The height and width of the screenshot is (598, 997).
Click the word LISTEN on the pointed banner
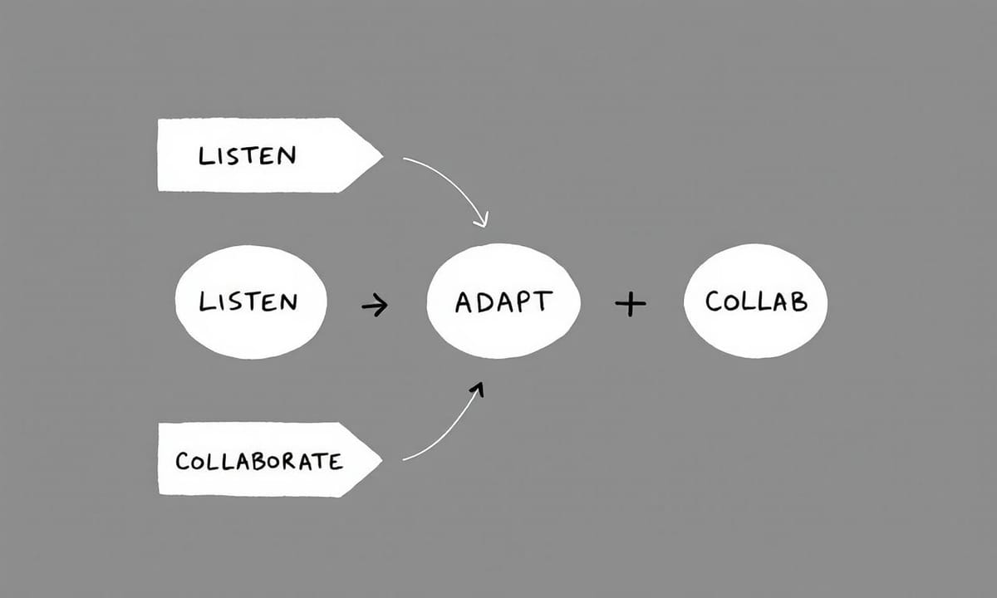(x=247, y=155)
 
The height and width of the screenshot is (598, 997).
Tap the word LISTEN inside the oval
(x=248, y=301)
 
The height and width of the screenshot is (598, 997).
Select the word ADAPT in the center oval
(x=503, y=301)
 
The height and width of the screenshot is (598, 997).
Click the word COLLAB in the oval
(x=756, y=301)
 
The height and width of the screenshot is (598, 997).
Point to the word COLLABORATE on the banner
(x=259, y=461)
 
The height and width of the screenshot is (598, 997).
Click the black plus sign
(x=631, y=305)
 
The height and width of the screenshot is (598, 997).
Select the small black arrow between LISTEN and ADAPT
(x=375, y=306)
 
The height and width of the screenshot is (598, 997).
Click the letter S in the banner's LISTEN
(x=232, y=155)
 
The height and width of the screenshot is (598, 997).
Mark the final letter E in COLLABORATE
(x=335, y=461)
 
